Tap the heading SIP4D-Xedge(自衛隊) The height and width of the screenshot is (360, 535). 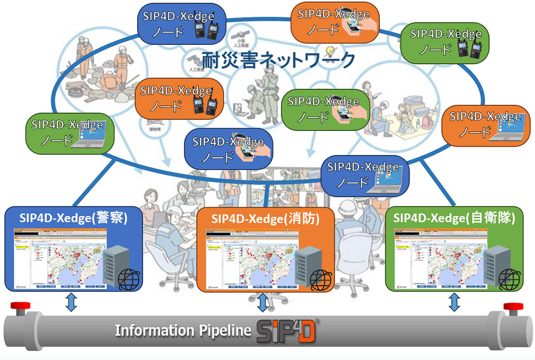click(x=454, y=218)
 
